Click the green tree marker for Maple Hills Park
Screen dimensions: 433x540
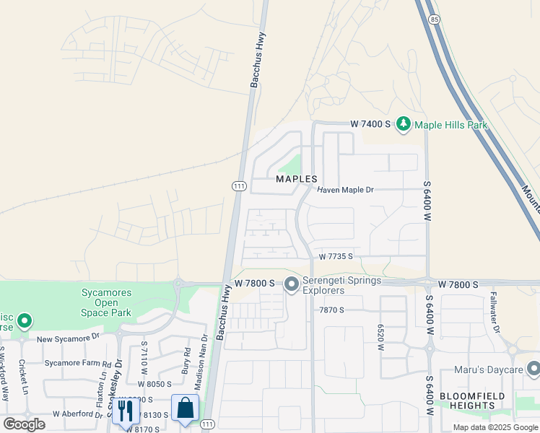403,125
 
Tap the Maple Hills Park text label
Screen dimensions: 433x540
451,125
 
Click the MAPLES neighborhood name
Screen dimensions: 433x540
296,178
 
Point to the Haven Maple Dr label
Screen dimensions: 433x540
346,190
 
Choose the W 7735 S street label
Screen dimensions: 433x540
336,256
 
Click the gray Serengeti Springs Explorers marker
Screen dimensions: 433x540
292,284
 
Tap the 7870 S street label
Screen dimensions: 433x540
333,309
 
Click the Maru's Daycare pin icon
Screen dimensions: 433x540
532,370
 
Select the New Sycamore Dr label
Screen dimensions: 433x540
69,338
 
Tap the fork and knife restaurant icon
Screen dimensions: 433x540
126,410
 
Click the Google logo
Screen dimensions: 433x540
24,424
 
